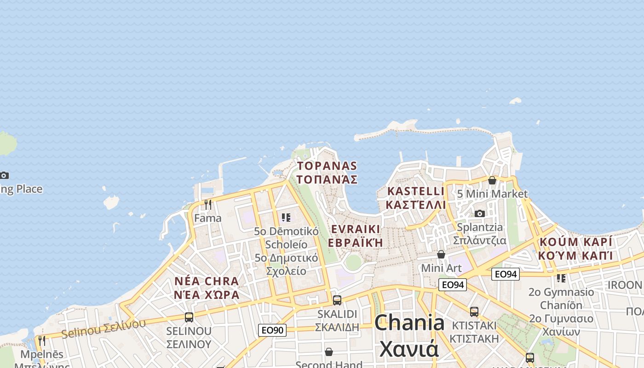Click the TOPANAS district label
tap(327, 166)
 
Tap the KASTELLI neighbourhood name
tap(416, 191)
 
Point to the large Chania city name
tap(409, 323)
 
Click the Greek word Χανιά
tap(409, 350)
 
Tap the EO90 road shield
tap(272, 330)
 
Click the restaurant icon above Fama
tap(208, 204)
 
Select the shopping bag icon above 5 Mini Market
tap(492, 180)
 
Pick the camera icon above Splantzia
tap(480, 213)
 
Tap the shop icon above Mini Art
tap(441, 254)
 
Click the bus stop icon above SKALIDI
tap(337, 300)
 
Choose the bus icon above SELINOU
tap(189, 317)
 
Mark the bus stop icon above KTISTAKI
tap(474, 311)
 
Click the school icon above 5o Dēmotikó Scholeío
tap(286, 217)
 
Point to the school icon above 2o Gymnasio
tap(561, 278)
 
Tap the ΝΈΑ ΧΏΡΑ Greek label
tap(207, 295)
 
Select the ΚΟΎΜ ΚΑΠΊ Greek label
tap(576, 255)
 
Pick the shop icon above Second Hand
tap(329, 352)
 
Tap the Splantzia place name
tap(480, 227)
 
